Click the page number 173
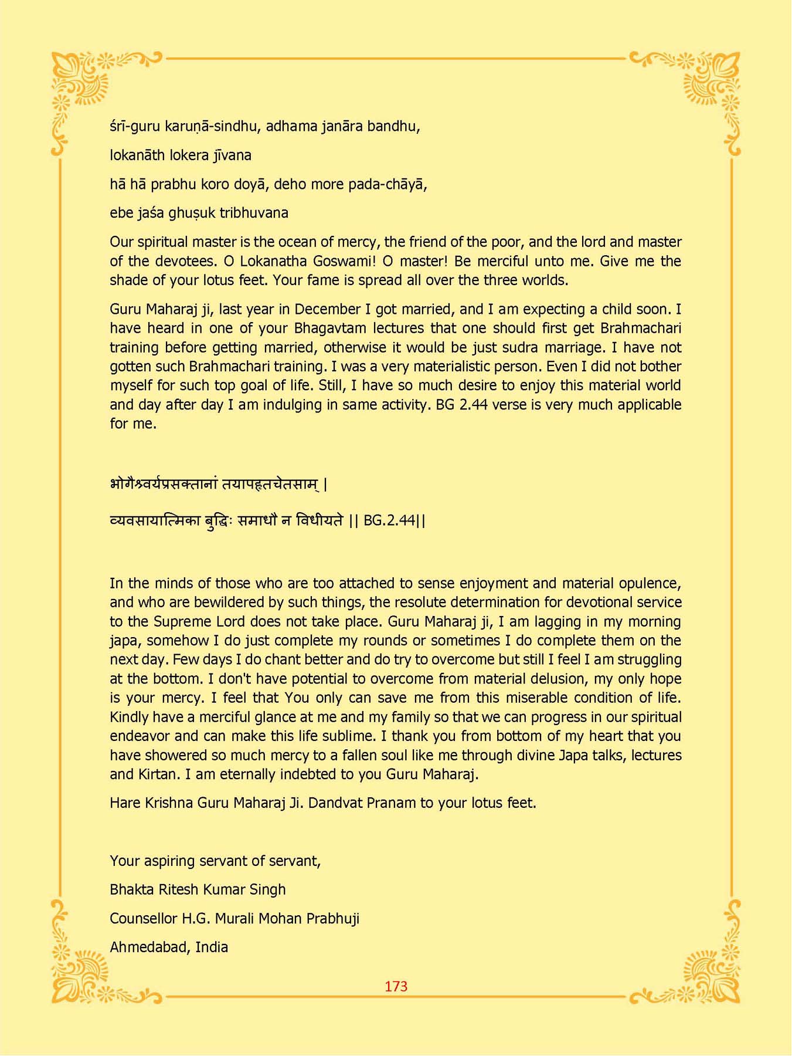[x=396, y=986]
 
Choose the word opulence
[x=649, y=583]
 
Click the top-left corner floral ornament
[x=82, y=82]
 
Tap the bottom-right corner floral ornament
[x=709, y=968]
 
